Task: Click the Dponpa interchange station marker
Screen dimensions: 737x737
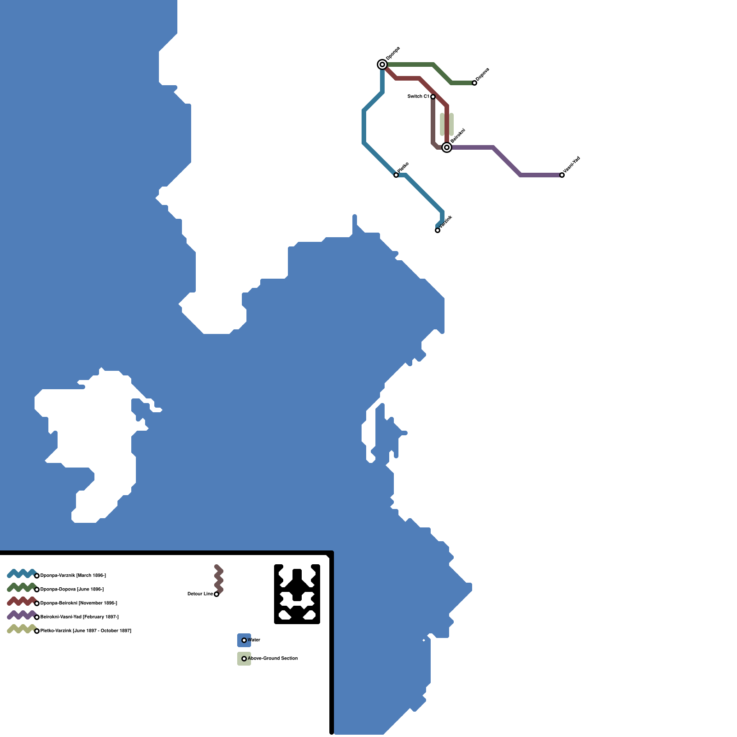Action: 382,64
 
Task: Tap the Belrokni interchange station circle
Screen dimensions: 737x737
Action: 446,147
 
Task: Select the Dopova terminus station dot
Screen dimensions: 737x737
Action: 474,83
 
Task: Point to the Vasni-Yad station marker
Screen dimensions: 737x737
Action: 562,175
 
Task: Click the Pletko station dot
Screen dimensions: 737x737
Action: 396,175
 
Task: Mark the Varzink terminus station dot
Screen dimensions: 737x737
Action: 438,230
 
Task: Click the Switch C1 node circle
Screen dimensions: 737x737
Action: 433,97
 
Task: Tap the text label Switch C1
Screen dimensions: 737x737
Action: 418,97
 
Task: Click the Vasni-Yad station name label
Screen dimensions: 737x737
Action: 572,165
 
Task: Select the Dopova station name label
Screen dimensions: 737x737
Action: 482,75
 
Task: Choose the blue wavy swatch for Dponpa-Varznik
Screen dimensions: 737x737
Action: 22,573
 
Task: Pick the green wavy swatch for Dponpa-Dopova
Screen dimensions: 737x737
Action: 22,587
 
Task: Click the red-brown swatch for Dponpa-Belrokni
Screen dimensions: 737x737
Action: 22,601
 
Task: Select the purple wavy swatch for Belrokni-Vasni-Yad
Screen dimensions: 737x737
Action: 22,615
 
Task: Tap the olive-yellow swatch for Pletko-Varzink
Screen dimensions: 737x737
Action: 22,629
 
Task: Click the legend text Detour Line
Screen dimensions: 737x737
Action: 200,594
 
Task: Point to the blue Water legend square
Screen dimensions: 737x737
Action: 244,640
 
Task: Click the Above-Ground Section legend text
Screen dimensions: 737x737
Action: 273,659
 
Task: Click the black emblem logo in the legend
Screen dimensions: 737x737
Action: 297,594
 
